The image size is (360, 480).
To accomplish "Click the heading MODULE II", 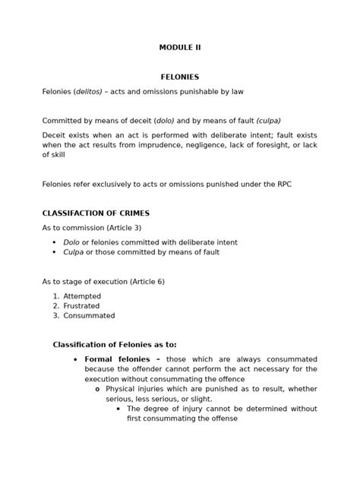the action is [x=180, y=47].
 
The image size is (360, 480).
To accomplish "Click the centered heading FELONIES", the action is [x=180, y=77].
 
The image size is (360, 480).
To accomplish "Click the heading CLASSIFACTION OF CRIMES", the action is [x=96, y=213].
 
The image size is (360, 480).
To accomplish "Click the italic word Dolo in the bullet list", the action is [x=71, y=242].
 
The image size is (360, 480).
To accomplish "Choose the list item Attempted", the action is [x=82, y=296].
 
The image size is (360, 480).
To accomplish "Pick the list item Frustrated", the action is [x=82, y=306].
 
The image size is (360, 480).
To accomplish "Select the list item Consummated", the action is [x=89, y=315].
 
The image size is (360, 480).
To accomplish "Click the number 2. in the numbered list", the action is [x=55, y=306].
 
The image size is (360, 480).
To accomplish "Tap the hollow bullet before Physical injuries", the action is [x=97, y=389].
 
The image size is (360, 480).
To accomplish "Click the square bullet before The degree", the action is [x=119, y=409].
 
